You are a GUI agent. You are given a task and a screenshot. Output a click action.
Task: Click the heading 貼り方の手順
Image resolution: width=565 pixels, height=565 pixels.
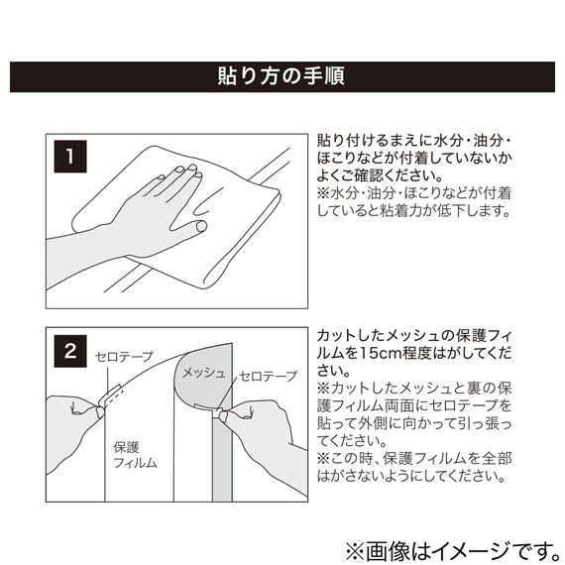pyautogui.click(x=282, y=76)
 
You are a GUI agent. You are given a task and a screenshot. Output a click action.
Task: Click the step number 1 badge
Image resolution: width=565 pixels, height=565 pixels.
pyautogui.click(x=70, y=157)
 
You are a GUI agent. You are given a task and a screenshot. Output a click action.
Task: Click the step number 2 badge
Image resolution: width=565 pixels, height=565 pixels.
pyautogui.click(x=70, y=351)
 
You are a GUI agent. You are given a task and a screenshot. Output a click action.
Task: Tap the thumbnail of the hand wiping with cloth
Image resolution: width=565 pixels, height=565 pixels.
pyautogui.click(x=176, y=221)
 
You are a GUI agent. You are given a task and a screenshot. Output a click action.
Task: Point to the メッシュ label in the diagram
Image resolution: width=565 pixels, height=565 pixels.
pyautogui.click(x=203, y=373)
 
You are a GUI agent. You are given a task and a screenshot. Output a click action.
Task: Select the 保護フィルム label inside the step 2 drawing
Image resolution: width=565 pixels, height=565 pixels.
pyautogui.click(x=135, y=455)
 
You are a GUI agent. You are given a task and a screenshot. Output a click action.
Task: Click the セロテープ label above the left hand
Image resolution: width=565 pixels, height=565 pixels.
pyautogui.click(x=124, y=357)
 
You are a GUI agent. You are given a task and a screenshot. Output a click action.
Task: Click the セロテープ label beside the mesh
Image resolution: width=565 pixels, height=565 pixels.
pyautogui.click(x=269, y=376)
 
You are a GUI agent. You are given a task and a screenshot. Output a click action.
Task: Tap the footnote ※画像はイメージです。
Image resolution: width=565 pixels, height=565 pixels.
pyautogui.click(x=453, y=551)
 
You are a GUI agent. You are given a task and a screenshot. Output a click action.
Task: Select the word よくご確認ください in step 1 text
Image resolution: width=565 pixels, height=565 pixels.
pyautogui.click(x=375, y=175)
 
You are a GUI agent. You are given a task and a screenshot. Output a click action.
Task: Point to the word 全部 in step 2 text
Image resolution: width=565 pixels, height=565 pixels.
pyautogui.click(x=497, y=459)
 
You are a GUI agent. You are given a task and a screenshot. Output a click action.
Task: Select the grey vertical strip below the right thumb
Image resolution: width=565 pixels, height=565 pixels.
pyautogui.click(x=222, y=458)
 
